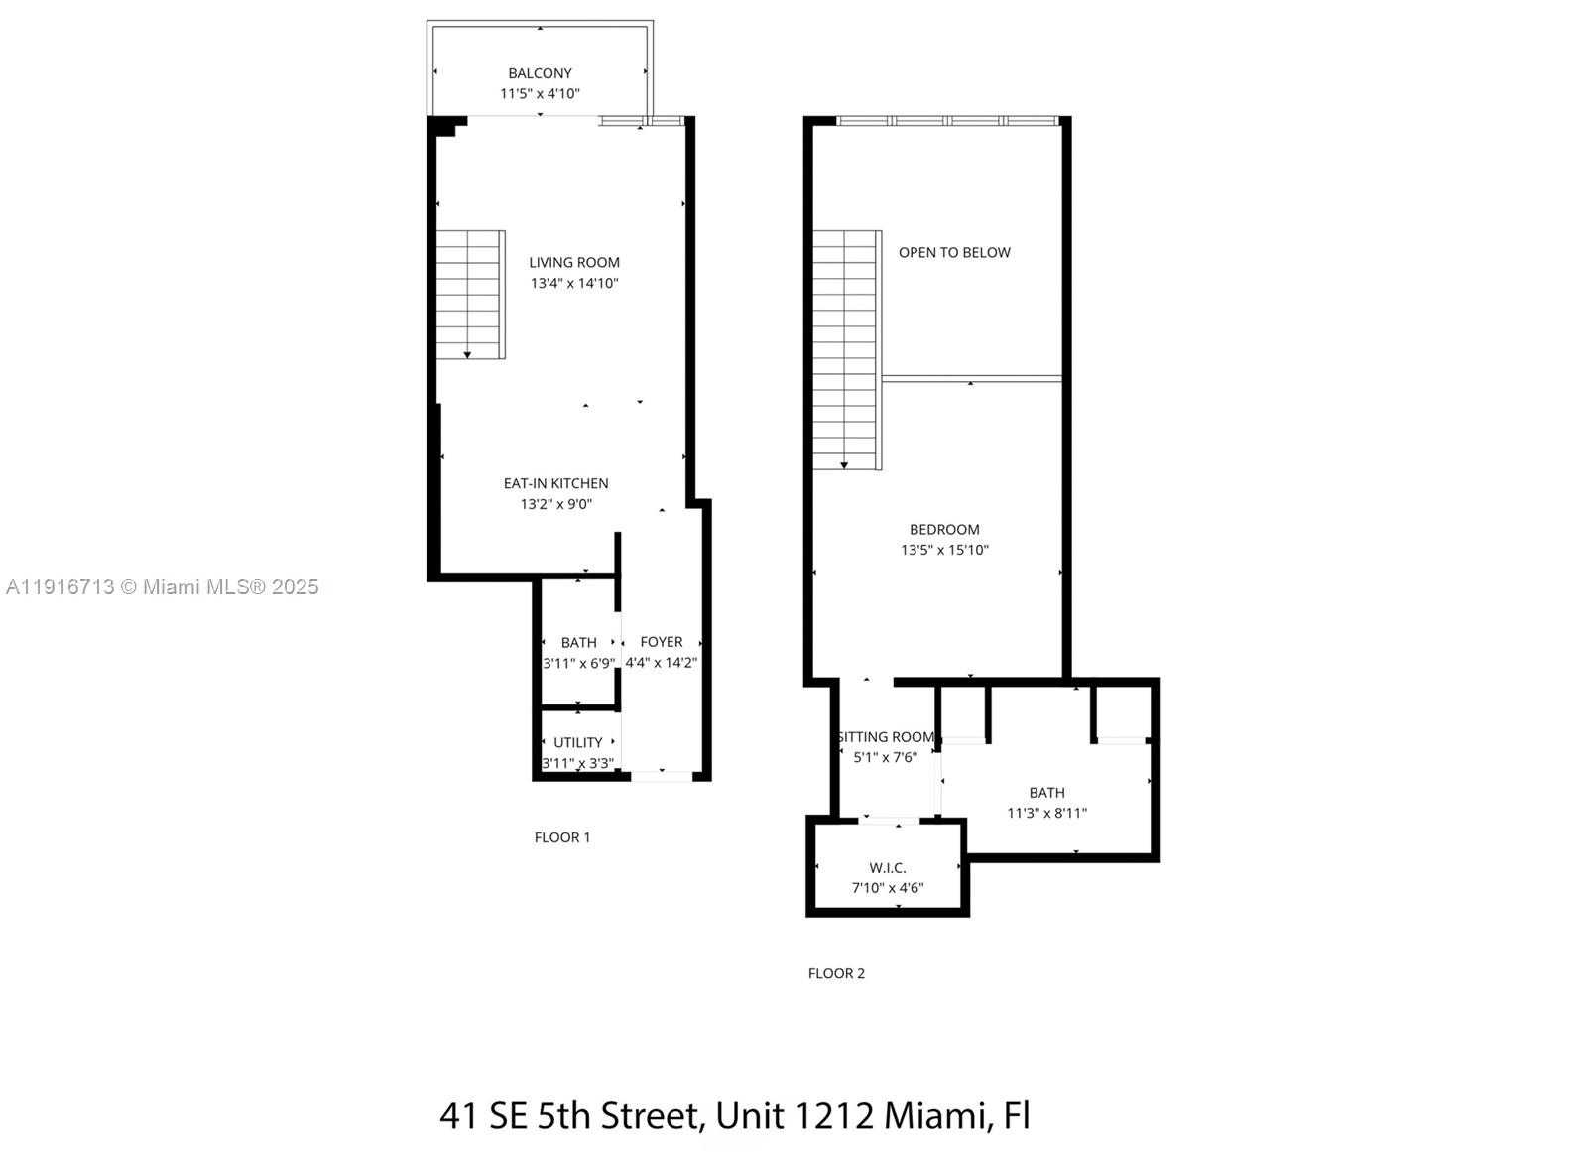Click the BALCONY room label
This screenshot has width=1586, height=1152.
(x=540, y=73)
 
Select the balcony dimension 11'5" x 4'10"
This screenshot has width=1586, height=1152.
(x=540, y=94)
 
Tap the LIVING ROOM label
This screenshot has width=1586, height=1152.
(x=573, y=263)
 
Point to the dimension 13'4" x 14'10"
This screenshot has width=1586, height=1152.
(x=574, y=284)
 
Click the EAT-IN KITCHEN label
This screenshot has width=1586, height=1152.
(x=555, y=484)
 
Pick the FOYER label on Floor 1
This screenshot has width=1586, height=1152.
(x=661, y=642)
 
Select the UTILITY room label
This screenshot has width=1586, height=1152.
(x=578, y=743)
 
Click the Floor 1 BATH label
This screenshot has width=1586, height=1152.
(x=578, y=643)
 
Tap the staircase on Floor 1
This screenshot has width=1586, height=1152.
(x=471, y=295)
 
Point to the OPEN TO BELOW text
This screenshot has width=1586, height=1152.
(x=954, y=253)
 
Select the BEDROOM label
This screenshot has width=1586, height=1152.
(x=944, y=530)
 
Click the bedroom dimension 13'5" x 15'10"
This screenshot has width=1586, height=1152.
(x=944, y=551)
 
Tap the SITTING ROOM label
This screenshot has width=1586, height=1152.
(x=886, y=737)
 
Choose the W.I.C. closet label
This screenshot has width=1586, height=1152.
(x=888, y=868)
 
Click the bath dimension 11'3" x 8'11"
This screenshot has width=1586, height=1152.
(x=1046, y=814)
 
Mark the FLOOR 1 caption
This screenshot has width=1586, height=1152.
(x=561, y=837)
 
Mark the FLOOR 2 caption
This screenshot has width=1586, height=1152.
(x=836, y=974)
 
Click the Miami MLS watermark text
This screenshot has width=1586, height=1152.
(x=163, y=587)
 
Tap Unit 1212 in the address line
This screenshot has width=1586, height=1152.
(x=794, y=1117)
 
